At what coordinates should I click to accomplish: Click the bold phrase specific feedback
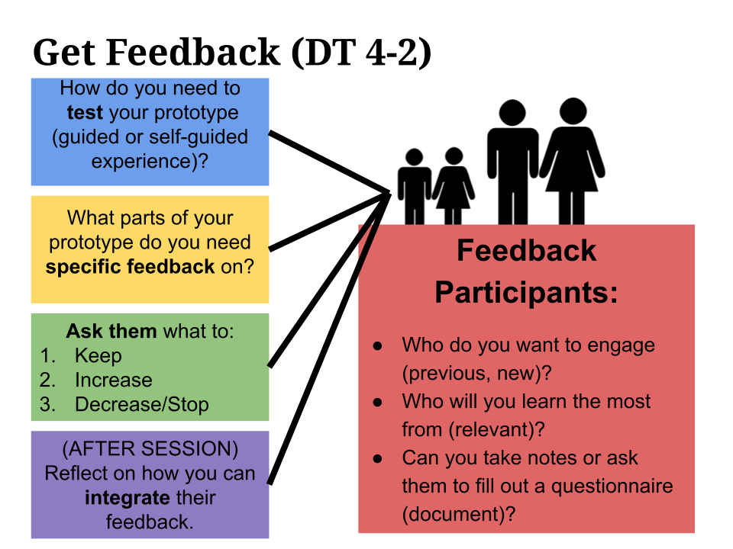tap(130, 268)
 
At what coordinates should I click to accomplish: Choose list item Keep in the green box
tap(98, 356)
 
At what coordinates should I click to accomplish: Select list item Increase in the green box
tap(113, 380)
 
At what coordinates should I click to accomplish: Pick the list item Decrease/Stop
tap(141, 405)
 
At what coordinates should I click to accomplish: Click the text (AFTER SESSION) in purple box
tap(150, 448)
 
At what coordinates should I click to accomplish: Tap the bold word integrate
tap(122, 498)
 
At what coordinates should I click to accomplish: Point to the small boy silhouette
tap(414, 186)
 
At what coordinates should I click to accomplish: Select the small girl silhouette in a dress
tap(454, 186)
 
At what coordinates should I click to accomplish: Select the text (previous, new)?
tap(477, 374)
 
